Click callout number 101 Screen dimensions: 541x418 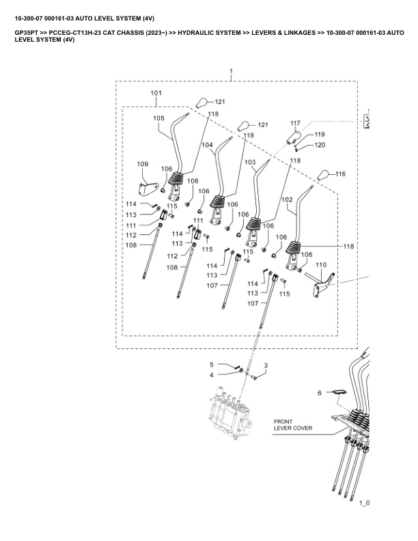tap(156, 93)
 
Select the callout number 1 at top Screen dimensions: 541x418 tap(231, 71)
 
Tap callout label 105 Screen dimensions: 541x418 tap(158, 117)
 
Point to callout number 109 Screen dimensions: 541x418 tap(143, 164)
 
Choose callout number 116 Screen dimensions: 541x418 tap(340, 174)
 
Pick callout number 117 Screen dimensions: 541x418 tap(295, 124)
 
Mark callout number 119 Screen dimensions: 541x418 tap(320, 135)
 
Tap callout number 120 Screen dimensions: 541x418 tap(320, 145)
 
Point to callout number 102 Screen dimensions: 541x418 tap(287, 199)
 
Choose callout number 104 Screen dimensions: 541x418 tap(207, 145)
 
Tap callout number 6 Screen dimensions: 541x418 tap(318, 393)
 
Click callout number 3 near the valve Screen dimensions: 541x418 tap(266, 365)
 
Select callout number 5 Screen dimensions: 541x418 tap(212, 365)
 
